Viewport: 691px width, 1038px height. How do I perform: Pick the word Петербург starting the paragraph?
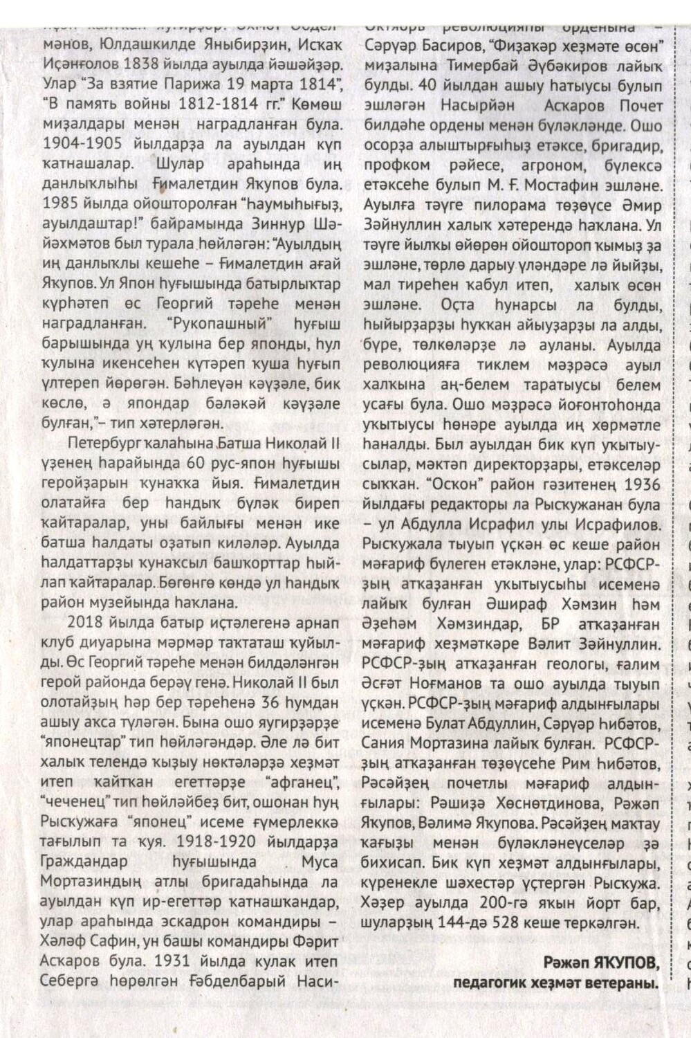tap(101, 441)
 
